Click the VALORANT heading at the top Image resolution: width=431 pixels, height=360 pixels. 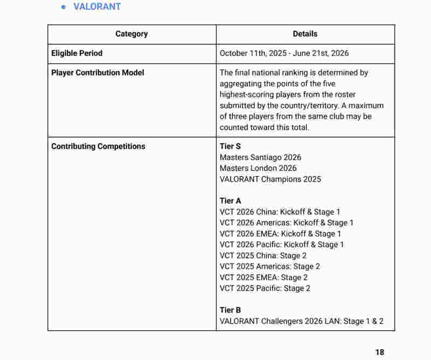pyautogui.click(x=97, y=7)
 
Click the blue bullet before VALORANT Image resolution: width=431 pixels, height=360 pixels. pyautogui.click(x=64, y=7)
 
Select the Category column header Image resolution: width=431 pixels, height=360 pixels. pyautogui.click(x=131, y=34)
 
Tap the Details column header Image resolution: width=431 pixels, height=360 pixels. pyautogui.click(x=305, y=34)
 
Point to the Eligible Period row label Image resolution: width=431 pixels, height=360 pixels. pyautogui.click(x=77, y=53)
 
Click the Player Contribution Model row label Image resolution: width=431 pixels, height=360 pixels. pyautogui.click(x=98, y=73)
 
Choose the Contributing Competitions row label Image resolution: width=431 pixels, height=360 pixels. pyautogui.click(x=98, y=147)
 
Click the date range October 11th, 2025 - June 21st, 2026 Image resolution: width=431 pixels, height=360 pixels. pyautogui.click(x=284, y=53)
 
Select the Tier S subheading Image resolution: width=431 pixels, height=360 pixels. pyautogui.click(x=230, y=147)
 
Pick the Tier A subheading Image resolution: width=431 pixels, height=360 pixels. pyautogui.click(x=230, y=201)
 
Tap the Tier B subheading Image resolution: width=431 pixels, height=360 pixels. pyautogui.click(x=230, y=310)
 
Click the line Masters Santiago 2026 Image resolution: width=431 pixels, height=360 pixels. pyautogui.click(x=260, y=157)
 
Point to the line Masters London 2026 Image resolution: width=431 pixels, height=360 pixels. pyautogui.click(x=258, y=168)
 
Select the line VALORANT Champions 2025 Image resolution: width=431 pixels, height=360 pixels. pyautogui.click(x=270, y=179)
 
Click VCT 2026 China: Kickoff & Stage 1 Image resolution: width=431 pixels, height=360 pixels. pyautogui.click(x=280, y=212)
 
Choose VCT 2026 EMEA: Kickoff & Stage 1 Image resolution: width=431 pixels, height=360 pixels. pyautogui.click(x=280, y=234)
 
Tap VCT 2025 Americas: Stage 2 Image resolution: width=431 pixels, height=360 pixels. pyautogui.click(x=270, y=266)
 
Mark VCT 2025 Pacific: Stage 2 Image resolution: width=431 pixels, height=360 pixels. pyautogui.click(x=265, y=288)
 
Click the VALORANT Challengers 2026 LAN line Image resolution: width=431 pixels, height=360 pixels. pyautogui.click(x=302, y=321)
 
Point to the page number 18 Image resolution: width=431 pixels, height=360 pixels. pyautogui.click(x=380, y=352)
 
